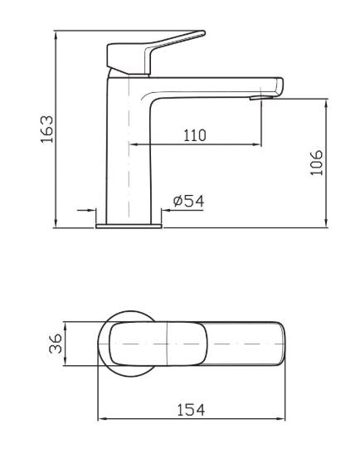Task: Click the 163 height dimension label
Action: pyautogui.click(x=47, y=129)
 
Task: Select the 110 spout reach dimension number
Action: pyautogui.click(x=195, y=134)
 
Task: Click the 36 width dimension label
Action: pyautogui.click(x=53, y=344)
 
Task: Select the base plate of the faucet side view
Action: pyautogui.click(x=129, y=223)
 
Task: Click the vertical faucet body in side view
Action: pyautogui.click(x=129, y=149)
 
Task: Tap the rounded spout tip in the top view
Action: pyautogui.click(x=278, y=344)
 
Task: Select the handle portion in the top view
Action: pyautogui.click(x=141, y=344)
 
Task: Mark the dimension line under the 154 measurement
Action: pyautogui.click(x=192, y=420)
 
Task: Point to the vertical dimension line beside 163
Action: pyautogui.click(x=57, y=129)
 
